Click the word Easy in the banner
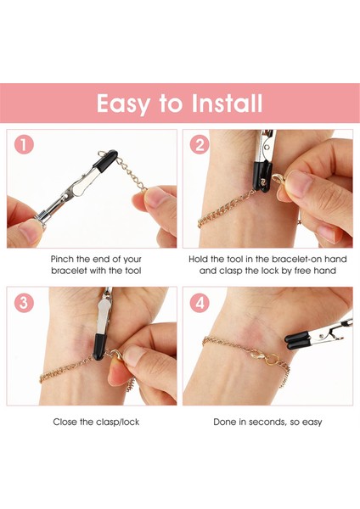click(123, 104)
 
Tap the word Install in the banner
click(227, 103)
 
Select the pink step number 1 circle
click(24, 144)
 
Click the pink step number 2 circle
click(200, 144)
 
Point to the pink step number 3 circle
click(24, 303)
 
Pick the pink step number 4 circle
click(200, 303)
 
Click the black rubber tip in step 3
click(99, 346)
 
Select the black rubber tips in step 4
click(297, 340)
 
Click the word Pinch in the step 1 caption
click(62, 259)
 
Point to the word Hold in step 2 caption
click(198, 259)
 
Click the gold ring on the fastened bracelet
click(273, 359)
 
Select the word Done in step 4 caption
click(224, 422)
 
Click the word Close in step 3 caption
click(65, 422)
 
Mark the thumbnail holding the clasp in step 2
click(299, 181)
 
